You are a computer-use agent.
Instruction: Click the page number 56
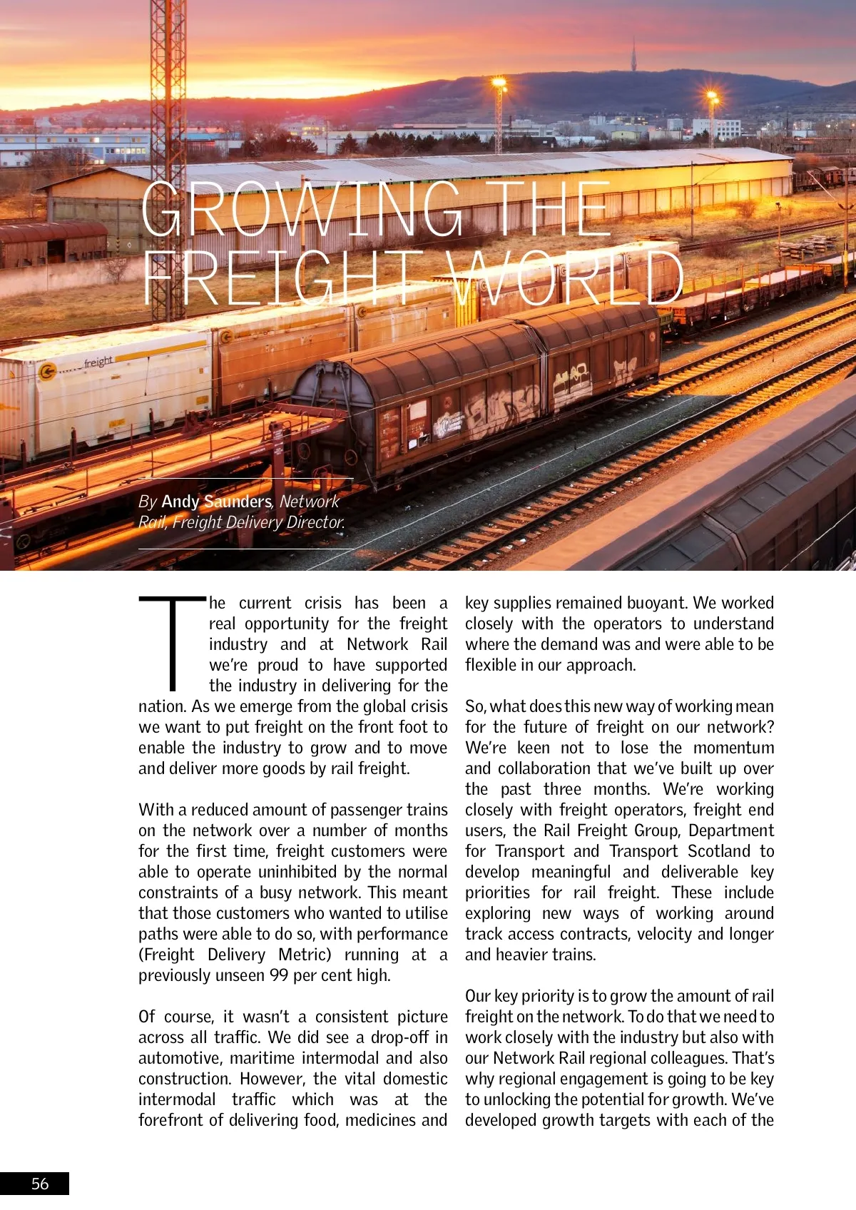pyautogui.click(x=40, y=1184)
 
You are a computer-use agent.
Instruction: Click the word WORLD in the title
pyautogui.click(x=567, y=279)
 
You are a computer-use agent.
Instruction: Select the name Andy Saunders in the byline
pyautogui.click(x=216, y=502)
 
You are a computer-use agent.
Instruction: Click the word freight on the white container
pyautogui.click(x=98, y=362)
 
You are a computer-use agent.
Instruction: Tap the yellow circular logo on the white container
pyautogui.click(x=48, y=372)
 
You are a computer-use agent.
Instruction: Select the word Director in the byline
pyautogui.click(x=315, y=522)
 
